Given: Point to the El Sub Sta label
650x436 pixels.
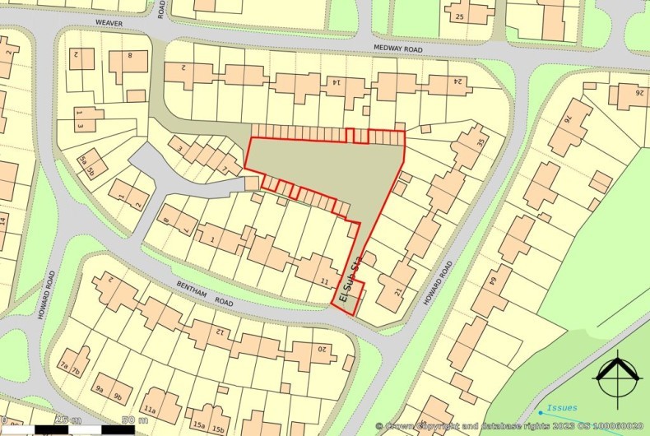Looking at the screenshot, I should (348, 284).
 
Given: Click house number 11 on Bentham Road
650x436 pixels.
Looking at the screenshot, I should (323, 282).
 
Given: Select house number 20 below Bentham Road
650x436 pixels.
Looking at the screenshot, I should (323, 350).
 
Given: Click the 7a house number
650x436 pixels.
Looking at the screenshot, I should (64, 371).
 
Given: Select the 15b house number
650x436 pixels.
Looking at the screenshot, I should (218, 429).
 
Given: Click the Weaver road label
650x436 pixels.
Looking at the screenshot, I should (108, 24).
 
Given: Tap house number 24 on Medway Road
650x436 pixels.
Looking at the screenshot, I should (457, 81).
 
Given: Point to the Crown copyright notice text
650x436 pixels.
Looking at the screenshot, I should (509, 426).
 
